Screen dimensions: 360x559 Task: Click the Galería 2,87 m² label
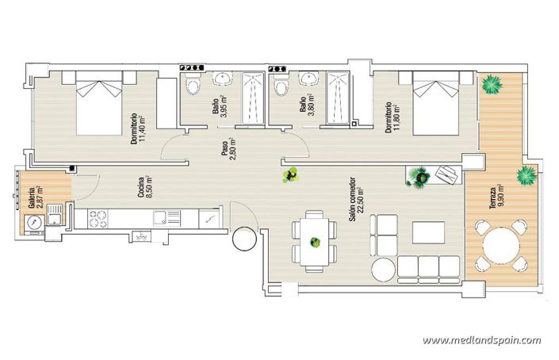[36, 196]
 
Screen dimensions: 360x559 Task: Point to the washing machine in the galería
[34, 224]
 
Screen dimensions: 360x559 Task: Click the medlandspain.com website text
[481, 341]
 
